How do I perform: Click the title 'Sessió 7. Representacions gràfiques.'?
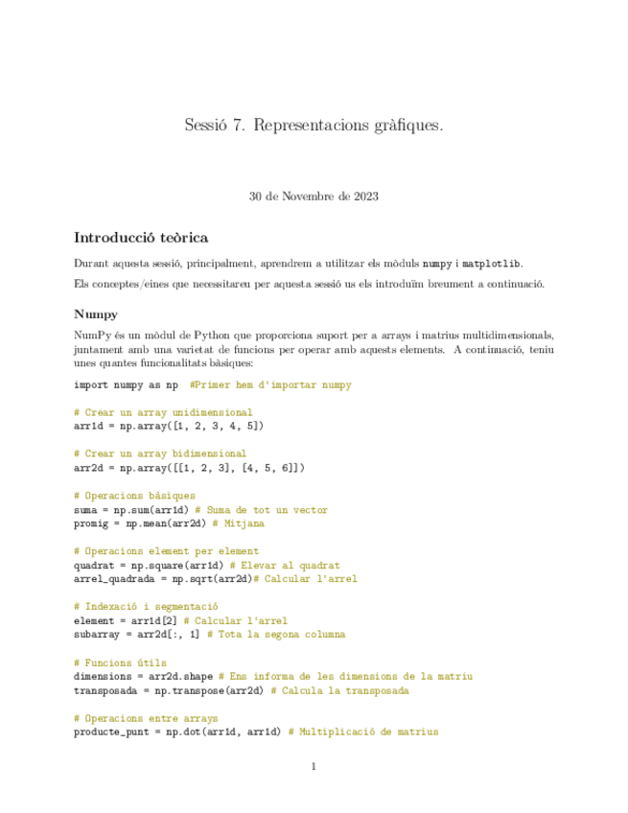tap(314, 126)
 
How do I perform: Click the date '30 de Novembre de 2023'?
tap(314, 197)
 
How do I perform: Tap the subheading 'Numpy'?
tap(96, 313)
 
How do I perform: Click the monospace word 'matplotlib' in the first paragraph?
tap(492, 264)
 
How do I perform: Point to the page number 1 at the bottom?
tap(314, 766)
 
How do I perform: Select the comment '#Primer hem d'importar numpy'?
tap(271, 384)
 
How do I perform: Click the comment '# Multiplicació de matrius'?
tap(362, 732)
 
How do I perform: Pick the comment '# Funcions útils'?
tap(120, 662)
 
